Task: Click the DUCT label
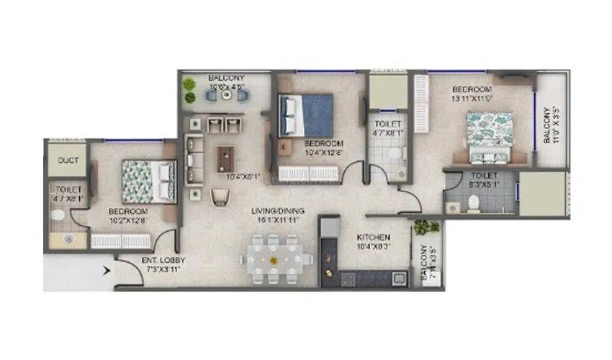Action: pos(68,161)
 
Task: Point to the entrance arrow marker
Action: pos(108,271)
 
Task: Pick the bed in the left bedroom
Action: pos(148,180)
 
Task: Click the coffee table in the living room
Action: pos(225,158)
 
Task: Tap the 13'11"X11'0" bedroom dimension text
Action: pos(472,98)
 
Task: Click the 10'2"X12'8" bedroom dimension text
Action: pos(128,220)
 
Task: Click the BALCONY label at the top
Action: pos(226,78)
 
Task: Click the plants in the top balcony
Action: pos(190,89)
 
